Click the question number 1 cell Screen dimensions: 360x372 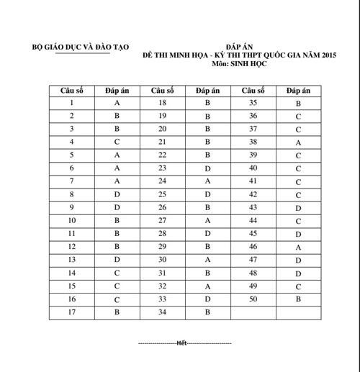[x=73, y=104]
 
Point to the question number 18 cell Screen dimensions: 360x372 [x=162, y=104]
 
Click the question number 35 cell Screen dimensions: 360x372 [x=253, y=104]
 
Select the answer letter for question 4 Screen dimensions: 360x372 [x=117, y=142]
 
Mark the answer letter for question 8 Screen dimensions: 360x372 [x=117, y=194]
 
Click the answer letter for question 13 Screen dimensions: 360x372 [x=117, y=259]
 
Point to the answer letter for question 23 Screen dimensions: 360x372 [x=207, y=168]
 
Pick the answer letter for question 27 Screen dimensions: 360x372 [x=207, y=220]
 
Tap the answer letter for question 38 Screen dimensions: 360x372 [x=297, y=142]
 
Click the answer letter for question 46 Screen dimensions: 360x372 [x=297, y=247]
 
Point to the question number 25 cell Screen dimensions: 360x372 [x=162, y=194]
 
